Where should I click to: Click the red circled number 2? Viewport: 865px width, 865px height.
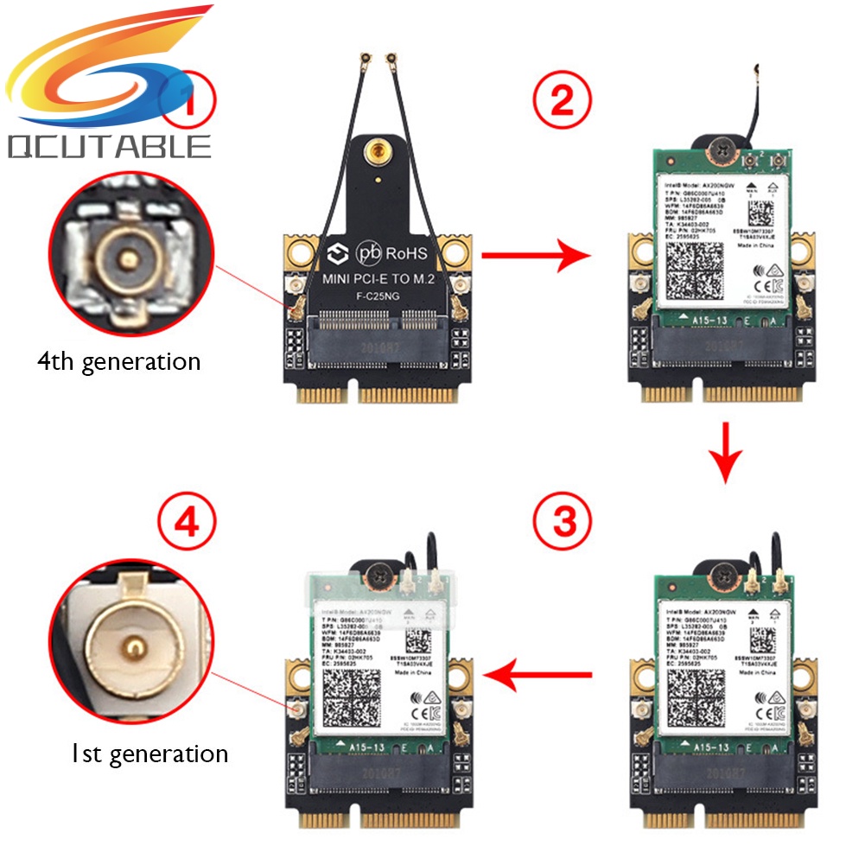point(562,102)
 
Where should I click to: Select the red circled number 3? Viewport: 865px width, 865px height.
point(562,521)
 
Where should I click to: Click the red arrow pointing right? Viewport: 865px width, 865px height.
point(535,255)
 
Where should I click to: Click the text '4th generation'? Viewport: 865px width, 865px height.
point(118,360)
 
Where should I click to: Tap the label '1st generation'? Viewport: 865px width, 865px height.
point(149,754)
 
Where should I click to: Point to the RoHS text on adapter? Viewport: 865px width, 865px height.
point(407,255)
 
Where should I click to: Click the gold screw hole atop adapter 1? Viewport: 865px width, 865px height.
point(376,155)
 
